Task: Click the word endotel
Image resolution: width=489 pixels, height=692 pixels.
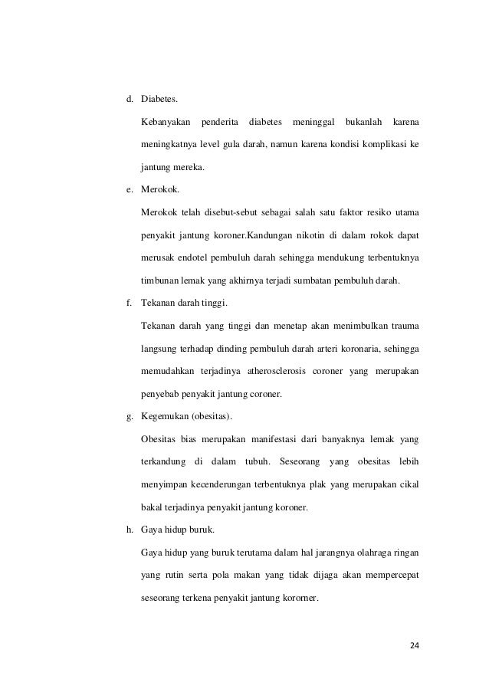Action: (192, 255)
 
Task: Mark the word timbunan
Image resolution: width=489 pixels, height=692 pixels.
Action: (161, 280)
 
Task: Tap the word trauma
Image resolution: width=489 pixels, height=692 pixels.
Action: (402, 326)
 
